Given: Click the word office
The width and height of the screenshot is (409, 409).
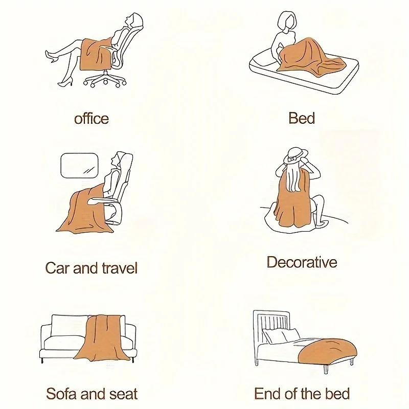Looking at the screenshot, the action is tap(92, 119).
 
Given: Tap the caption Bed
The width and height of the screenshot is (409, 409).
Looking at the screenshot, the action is tap(302, 118).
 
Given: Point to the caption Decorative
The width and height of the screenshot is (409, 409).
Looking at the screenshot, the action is tap(302, 262).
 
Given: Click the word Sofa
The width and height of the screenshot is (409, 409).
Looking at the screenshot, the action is tap(61, 394).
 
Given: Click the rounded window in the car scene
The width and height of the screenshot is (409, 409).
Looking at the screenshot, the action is tap(80, 166).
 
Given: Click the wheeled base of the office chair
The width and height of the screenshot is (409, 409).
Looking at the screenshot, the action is tap(105, 79).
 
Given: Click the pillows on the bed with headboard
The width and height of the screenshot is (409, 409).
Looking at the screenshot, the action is tap(281, 336).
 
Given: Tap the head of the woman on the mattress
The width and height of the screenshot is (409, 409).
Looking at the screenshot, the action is tap(287, 21).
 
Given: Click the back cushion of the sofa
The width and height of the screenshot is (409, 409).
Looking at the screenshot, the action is tap(69, 326).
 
